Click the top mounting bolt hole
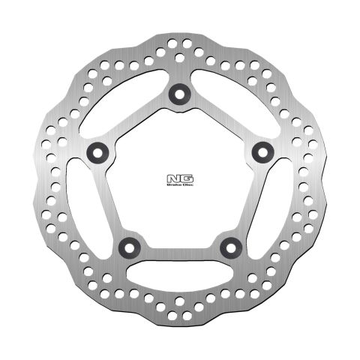point(179,93)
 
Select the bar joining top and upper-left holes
point(138,122)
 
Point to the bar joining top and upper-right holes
point(220,122)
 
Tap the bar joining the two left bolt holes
point(110,199)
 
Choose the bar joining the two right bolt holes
point(248,199)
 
